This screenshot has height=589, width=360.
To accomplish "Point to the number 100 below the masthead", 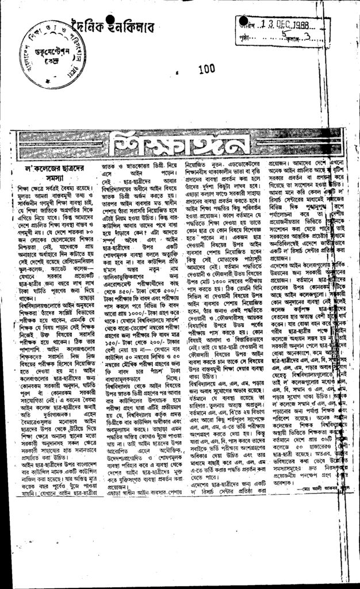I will click(206, 70).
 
